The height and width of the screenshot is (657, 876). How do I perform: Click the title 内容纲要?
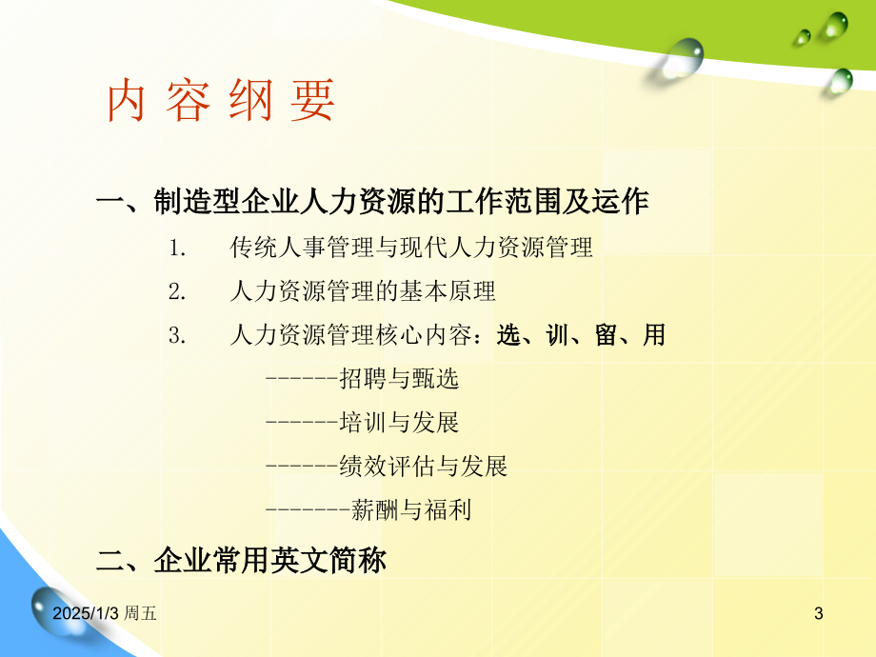221,101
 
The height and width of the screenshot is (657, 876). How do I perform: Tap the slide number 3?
819,613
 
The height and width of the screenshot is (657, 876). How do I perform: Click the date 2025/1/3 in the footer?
86,613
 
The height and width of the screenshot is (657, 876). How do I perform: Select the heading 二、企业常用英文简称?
241,560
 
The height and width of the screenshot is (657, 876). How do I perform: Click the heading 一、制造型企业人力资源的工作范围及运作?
372,201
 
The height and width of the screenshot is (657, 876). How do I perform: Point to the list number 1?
177,249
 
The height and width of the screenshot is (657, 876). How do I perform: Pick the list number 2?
177,291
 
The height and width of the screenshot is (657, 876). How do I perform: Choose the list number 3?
177,335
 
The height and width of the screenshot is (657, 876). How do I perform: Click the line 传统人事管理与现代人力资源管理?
411,248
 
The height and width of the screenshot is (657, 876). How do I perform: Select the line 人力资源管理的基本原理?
363,291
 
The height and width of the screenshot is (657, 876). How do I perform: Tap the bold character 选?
508,335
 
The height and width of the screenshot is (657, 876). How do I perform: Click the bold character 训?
558,335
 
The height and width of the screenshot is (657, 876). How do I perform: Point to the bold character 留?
607,335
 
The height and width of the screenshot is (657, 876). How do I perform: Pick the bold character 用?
654,335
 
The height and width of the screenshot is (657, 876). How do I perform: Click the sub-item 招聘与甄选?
399,379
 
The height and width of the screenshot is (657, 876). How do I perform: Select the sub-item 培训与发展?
399,423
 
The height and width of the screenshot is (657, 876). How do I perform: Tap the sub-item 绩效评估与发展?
423,466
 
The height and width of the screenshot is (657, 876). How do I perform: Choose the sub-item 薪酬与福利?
411,509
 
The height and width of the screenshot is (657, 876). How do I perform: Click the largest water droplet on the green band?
683,57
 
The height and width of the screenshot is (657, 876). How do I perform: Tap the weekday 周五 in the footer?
140,613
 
